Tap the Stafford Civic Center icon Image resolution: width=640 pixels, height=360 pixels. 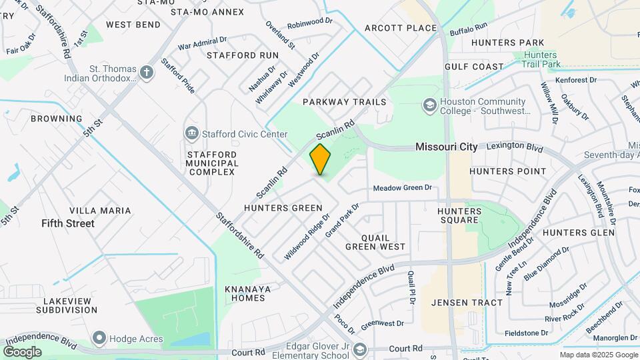tap(192, 134)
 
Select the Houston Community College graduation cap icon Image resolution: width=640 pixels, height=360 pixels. tap(429, 106)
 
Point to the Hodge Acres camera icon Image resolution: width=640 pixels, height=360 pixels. tap(99, 339)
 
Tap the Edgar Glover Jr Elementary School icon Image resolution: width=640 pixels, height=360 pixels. tap(360, 349)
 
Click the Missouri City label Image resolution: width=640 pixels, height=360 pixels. tap(446, 147)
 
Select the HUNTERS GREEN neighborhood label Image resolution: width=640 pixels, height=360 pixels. tap(283, 208)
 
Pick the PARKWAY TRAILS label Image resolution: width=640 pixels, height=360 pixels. tap(344, 102)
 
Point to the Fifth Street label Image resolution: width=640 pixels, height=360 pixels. tap(67, 223)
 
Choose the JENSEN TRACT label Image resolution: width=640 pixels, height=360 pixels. tap(467, 303)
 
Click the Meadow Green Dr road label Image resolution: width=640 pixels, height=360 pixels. tap(403, 188)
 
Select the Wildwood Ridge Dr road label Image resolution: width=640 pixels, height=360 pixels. tap(308, 236)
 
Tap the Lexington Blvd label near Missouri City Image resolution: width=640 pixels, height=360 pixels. tap(515, 145)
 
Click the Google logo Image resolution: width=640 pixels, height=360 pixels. tap(22, 351)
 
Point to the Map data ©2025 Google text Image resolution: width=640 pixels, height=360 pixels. tap(597, 355)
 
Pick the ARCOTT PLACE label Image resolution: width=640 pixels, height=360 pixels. tap(401, 28)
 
